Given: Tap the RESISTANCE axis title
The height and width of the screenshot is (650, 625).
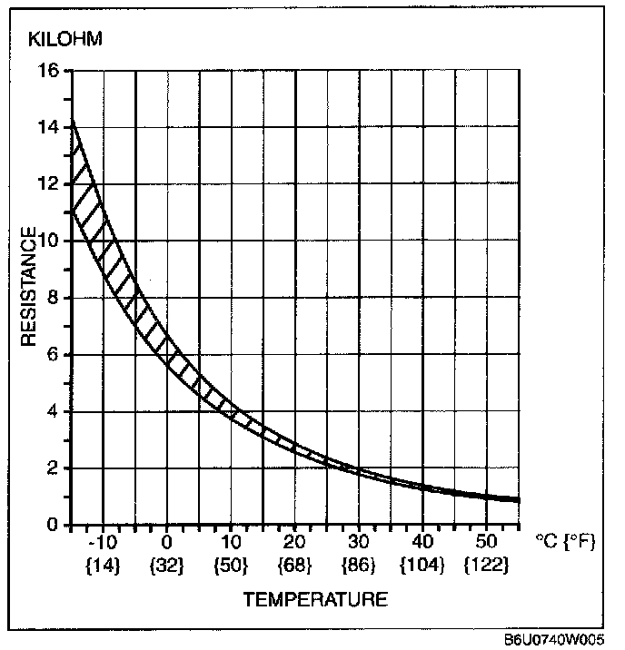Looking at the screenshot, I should pyautogui.click(x=30, y=287).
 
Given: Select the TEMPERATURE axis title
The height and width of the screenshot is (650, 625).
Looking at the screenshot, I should pyautogui.click(x=314, y=599).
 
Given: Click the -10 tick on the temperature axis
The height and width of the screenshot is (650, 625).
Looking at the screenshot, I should pyautogui.click(x=105, y=544).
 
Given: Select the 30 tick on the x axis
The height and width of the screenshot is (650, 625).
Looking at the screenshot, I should pyautogui.click(x=360, y=544).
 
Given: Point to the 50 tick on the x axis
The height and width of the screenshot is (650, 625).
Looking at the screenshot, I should pyautogui.click(x=487, y=544).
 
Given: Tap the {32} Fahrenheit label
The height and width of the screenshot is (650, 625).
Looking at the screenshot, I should pyautogui.click(x=167, y=565).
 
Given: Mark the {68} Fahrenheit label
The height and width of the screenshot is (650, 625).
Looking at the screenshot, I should pyautogui.click(x=295, y=565).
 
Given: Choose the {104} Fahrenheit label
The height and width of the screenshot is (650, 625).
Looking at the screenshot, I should pyautogui.click(x=422, y=565).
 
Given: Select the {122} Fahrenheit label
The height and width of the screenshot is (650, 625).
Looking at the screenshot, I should pyautogui.click(x=487, y=565).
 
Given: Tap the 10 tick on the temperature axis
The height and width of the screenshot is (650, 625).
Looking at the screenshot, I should pyautogui.click(x=232, y=544).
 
